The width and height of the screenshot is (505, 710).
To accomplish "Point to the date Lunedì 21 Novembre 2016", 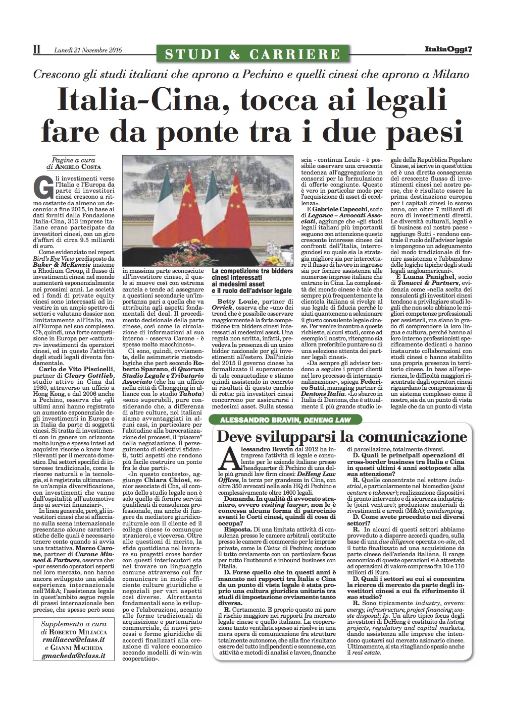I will (88, 50).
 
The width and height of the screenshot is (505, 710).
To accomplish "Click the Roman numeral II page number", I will (36, 50).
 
